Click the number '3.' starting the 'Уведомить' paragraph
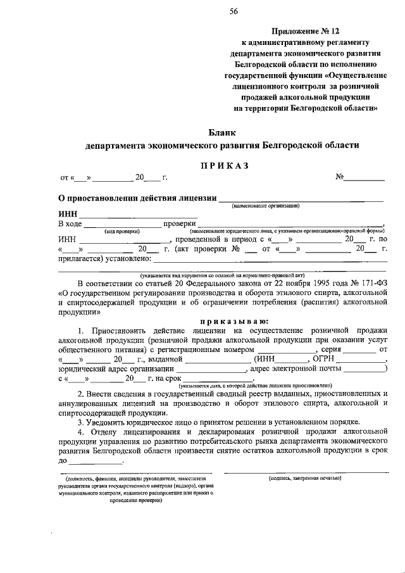(81, 422)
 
